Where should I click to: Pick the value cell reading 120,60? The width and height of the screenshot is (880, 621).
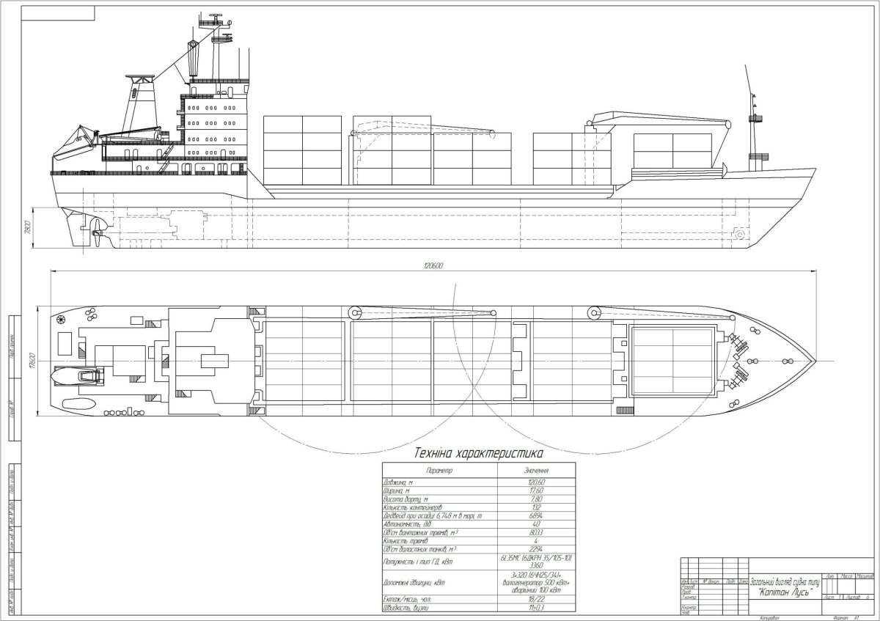point(536,482)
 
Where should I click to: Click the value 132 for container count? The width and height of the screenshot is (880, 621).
point(536,507)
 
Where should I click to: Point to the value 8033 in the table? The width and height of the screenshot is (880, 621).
point(536,532)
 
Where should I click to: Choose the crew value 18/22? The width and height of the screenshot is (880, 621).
point(536,599)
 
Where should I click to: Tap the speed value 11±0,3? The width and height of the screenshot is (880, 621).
point(536,609)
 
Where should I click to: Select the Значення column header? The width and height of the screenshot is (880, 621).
point(536,470)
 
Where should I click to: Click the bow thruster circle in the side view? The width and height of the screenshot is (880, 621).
point(739,235)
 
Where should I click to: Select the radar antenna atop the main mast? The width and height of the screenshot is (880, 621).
point(216,15)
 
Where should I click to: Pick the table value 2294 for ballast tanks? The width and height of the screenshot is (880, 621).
point(536,549)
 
